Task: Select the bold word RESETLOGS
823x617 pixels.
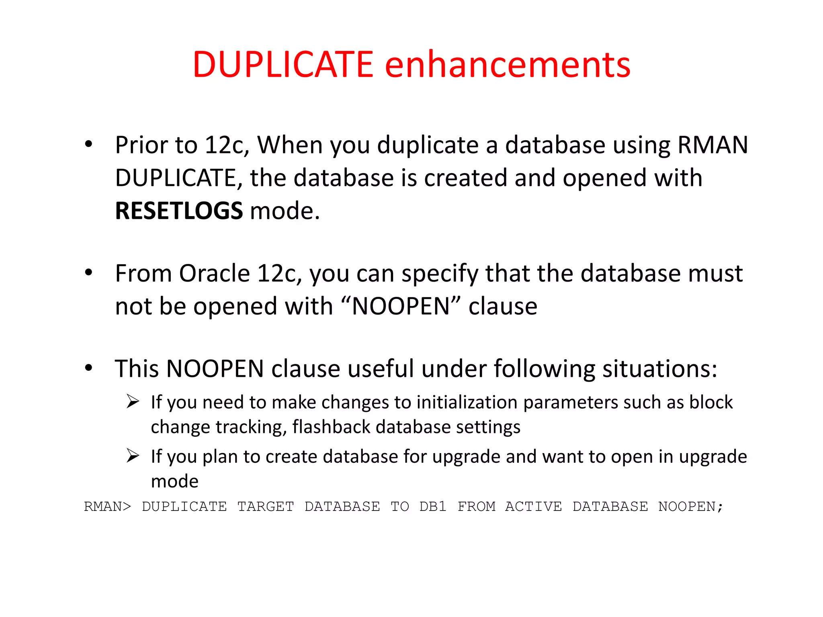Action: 179,210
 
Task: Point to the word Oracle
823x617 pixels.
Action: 215,274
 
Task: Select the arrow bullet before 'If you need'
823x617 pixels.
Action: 133,401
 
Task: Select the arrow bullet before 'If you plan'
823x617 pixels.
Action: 133,456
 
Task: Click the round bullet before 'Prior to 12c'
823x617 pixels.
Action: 89,144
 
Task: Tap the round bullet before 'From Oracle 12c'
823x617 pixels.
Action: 89,273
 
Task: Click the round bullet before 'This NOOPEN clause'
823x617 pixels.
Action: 89,368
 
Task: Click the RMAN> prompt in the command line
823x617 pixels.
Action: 107,507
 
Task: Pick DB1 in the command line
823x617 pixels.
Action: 433,507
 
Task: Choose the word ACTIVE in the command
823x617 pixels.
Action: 533,507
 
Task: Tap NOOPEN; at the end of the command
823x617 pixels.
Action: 690,507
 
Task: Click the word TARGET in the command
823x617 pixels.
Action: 266,507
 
